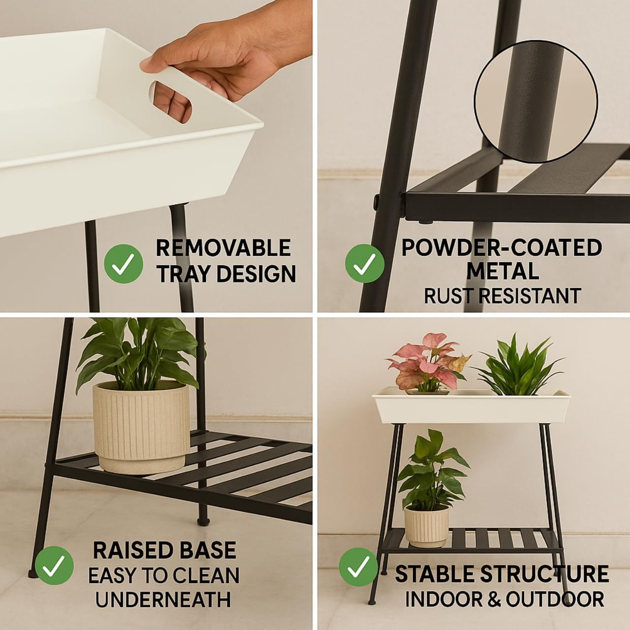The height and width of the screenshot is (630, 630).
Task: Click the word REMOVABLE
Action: [223, 248]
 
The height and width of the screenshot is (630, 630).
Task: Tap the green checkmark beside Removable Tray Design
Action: [124, 263]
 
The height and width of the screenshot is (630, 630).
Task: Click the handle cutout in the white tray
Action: [170, 102]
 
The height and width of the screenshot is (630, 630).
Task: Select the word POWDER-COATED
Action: [502, 248]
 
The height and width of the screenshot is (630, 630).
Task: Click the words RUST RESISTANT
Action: [502, 296]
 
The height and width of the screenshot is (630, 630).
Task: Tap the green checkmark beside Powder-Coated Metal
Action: [365, 263]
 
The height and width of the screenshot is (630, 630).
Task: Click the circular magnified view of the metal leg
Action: [536, 101]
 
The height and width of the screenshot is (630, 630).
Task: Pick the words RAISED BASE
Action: [164, 550]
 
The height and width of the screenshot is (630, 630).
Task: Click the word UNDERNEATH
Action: [163, 599]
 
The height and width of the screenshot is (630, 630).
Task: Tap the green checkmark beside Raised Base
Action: [54, 566]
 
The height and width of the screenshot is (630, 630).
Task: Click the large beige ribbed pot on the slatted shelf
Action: [141, 428]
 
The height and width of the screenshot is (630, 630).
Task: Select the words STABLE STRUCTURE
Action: [502, 574]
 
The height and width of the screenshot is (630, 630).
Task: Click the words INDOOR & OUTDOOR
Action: [504, 599]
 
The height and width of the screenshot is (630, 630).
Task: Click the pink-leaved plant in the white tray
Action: [428, 363]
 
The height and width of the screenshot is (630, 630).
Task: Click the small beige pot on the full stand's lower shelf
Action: [426, 526]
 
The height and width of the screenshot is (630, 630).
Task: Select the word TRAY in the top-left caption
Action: [184, 274]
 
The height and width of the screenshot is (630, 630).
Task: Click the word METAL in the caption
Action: [503, 271]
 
